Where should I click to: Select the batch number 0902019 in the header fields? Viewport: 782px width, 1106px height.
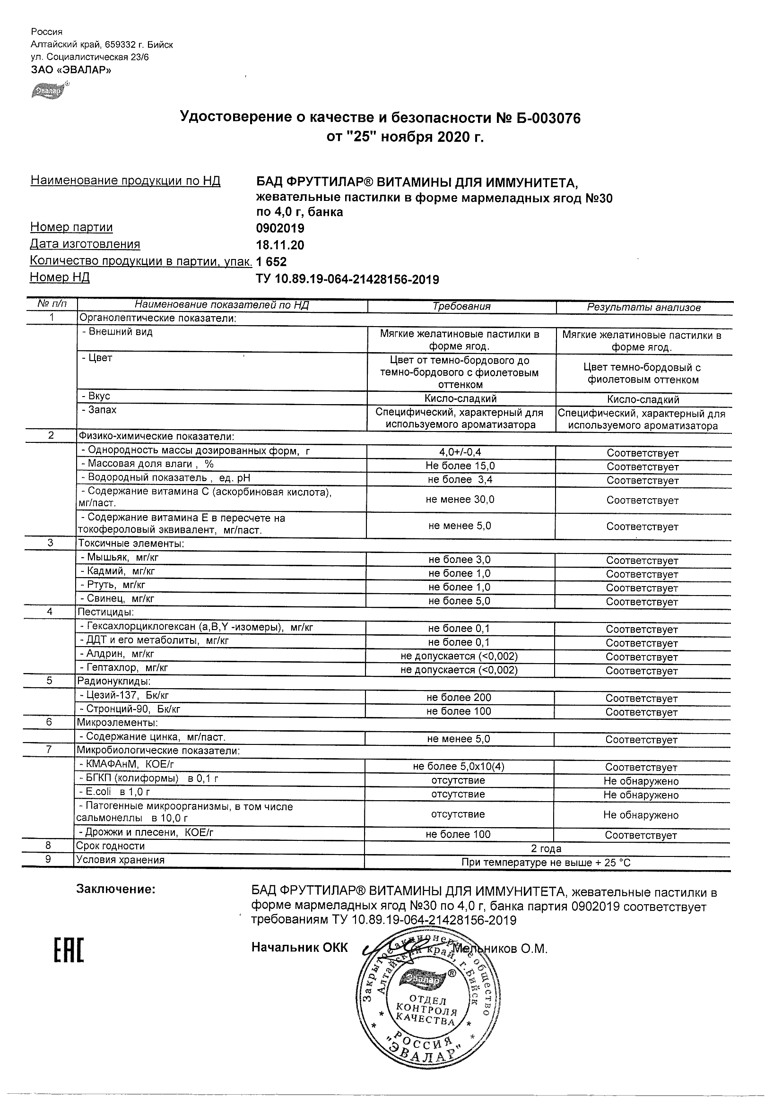280,228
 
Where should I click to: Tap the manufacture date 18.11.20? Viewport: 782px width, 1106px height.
280,245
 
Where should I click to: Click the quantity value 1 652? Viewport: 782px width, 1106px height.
271,262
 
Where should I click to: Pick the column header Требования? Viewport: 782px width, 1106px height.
461,306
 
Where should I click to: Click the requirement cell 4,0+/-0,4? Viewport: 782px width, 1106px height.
460,452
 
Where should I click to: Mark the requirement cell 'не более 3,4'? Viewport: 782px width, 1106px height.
460,480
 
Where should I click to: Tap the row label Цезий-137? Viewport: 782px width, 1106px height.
124,696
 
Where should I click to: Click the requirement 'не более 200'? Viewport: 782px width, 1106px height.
459,698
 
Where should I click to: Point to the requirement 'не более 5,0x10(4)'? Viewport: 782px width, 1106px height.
459,766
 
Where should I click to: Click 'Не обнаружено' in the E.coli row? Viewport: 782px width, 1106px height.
641,795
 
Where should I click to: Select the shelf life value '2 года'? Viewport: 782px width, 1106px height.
546,849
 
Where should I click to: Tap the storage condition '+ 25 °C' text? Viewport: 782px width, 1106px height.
612,863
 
